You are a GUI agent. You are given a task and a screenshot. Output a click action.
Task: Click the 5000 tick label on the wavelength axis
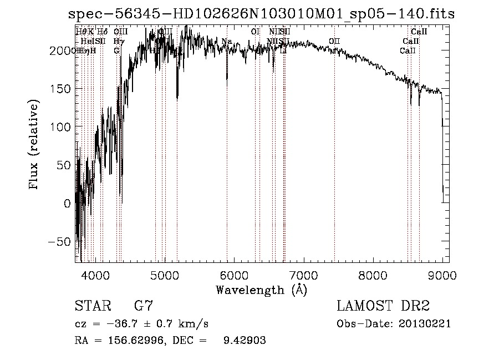165,275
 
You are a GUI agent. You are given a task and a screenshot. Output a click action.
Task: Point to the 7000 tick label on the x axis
303,275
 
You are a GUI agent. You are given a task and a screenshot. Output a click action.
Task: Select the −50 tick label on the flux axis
61,242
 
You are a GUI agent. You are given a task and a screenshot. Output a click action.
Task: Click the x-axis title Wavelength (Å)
261,290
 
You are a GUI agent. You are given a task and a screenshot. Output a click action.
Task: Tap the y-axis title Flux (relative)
34,145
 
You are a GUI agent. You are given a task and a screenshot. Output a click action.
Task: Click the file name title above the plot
261,13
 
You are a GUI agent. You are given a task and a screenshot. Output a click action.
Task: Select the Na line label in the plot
226,42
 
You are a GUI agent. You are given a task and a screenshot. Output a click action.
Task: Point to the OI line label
255,32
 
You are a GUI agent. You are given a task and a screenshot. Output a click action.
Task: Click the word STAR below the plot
93,307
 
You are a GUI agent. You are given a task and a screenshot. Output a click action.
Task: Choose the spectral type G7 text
144,307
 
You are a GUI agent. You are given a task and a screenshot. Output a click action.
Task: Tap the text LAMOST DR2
383,307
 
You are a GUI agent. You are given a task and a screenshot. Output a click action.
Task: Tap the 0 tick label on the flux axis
68,204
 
